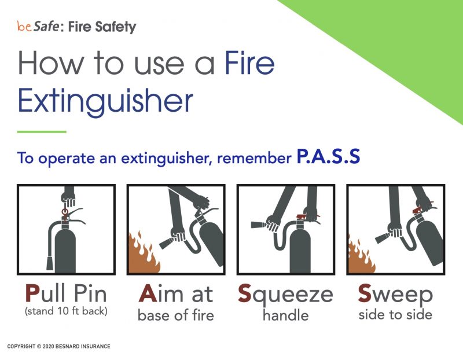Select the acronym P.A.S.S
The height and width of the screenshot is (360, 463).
click(x=328, y=157)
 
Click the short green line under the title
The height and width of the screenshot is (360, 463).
click(x=42, y=132)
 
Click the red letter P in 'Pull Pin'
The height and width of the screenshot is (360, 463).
click(x=32, y=294)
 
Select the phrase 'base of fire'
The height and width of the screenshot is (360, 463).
click(x=175, y=315)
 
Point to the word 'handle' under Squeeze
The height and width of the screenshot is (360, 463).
click(x=285, y=315)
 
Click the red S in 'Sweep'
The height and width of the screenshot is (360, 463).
click(x=365, y=294)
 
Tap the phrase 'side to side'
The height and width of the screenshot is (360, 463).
click(x=395, y=315)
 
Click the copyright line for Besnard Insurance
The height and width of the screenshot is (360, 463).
click(x=58, y=347)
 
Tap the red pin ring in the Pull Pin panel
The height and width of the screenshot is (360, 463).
click(x=64, y=212)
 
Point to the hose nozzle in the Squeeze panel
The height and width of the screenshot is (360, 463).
click(x=257, y=223)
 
